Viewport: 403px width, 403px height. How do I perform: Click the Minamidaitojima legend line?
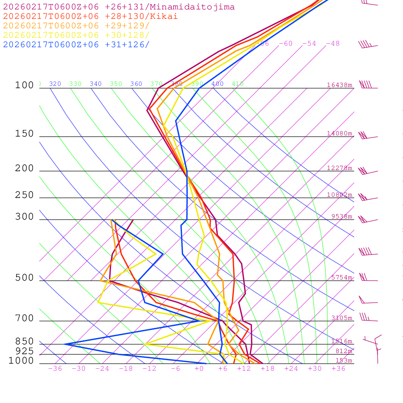pyautogui.click(x=119, y=7)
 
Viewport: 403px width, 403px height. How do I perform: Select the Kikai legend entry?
pyautogui.click(x=91, y=17)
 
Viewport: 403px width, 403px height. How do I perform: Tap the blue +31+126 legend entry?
pyautogui.click(x=76, y=44)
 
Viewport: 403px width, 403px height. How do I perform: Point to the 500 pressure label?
pyautogui.click(x=24, y=278)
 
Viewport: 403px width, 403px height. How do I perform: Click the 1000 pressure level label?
pyautogui.click(x=21, y=361)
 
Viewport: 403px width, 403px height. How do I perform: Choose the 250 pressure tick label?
pyautogui.click(x=24, y=195)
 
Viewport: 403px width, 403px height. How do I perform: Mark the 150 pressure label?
pyautogui.click(x=24, y=134)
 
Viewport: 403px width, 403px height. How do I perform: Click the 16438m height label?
pyautogui.click(x=340, y=85)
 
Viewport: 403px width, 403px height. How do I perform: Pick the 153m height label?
pyautogui.click(x=344, y=360)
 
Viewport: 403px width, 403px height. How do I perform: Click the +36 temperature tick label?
pyautogui.click(x=338, y=369)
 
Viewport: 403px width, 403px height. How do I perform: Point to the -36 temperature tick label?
pyautogui.click(x=55, y=369)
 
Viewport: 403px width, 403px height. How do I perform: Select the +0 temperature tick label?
pyautogui.click(x=199, y=369)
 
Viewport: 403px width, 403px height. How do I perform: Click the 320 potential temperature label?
pyautogui.click(x=55, y=84)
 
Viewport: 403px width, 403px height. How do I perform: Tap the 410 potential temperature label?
pyautogui.click(x=238, y=84)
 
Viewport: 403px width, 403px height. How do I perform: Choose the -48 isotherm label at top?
pyautogui.click(x=333, y=44)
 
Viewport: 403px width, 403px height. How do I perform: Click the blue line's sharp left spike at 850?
pyautogui.click(x=65, y=344)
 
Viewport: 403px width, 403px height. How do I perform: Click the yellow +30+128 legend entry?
pyautogui.click(x=76, y=35)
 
